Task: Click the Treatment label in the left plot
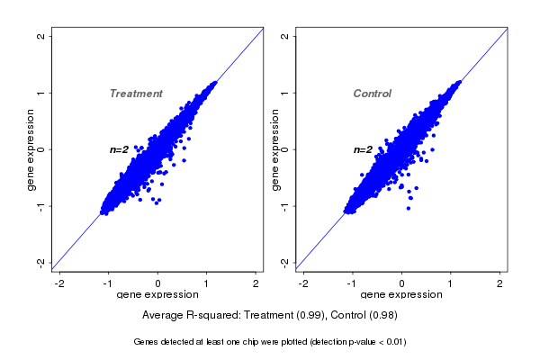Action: pos(136,94)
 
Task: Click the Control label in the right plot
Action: pos(372,94)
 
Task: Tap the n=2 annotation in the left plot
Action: pos(121,149)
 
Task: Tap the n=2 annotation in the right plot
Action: pos(364,149)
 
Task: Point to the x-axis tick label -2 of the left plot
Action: pos(59,283)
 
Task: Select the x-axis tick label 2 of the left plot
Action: pos(257,283)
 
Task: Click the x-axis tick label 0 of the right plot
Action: pos(402,283)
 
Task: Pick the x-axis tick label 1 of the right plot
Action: pos(452,283)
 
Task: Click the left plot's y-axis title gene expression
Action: pos(31,149)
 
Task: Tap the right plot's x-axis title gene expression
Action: pos(400,295)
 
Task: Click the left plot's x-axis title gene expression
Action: pos(157,295)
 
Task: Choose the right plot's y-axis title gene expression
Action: pos(274,149)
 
